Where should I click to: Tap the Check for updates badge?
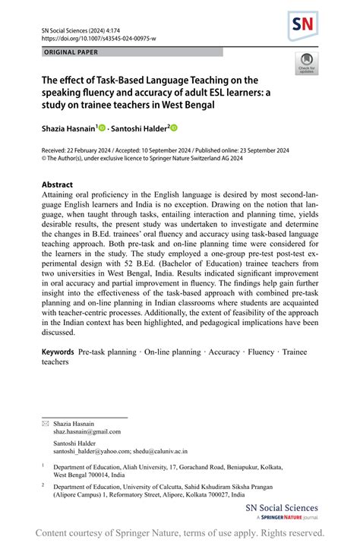click(307, 63)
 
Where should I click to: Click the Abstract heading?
click(57, 185)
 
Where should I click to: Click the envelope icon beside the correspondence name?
click(45, 421)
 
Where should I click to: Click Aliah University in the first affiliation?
click(149, 467)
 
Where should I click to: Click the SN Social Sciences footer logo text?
click(281, 509)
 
